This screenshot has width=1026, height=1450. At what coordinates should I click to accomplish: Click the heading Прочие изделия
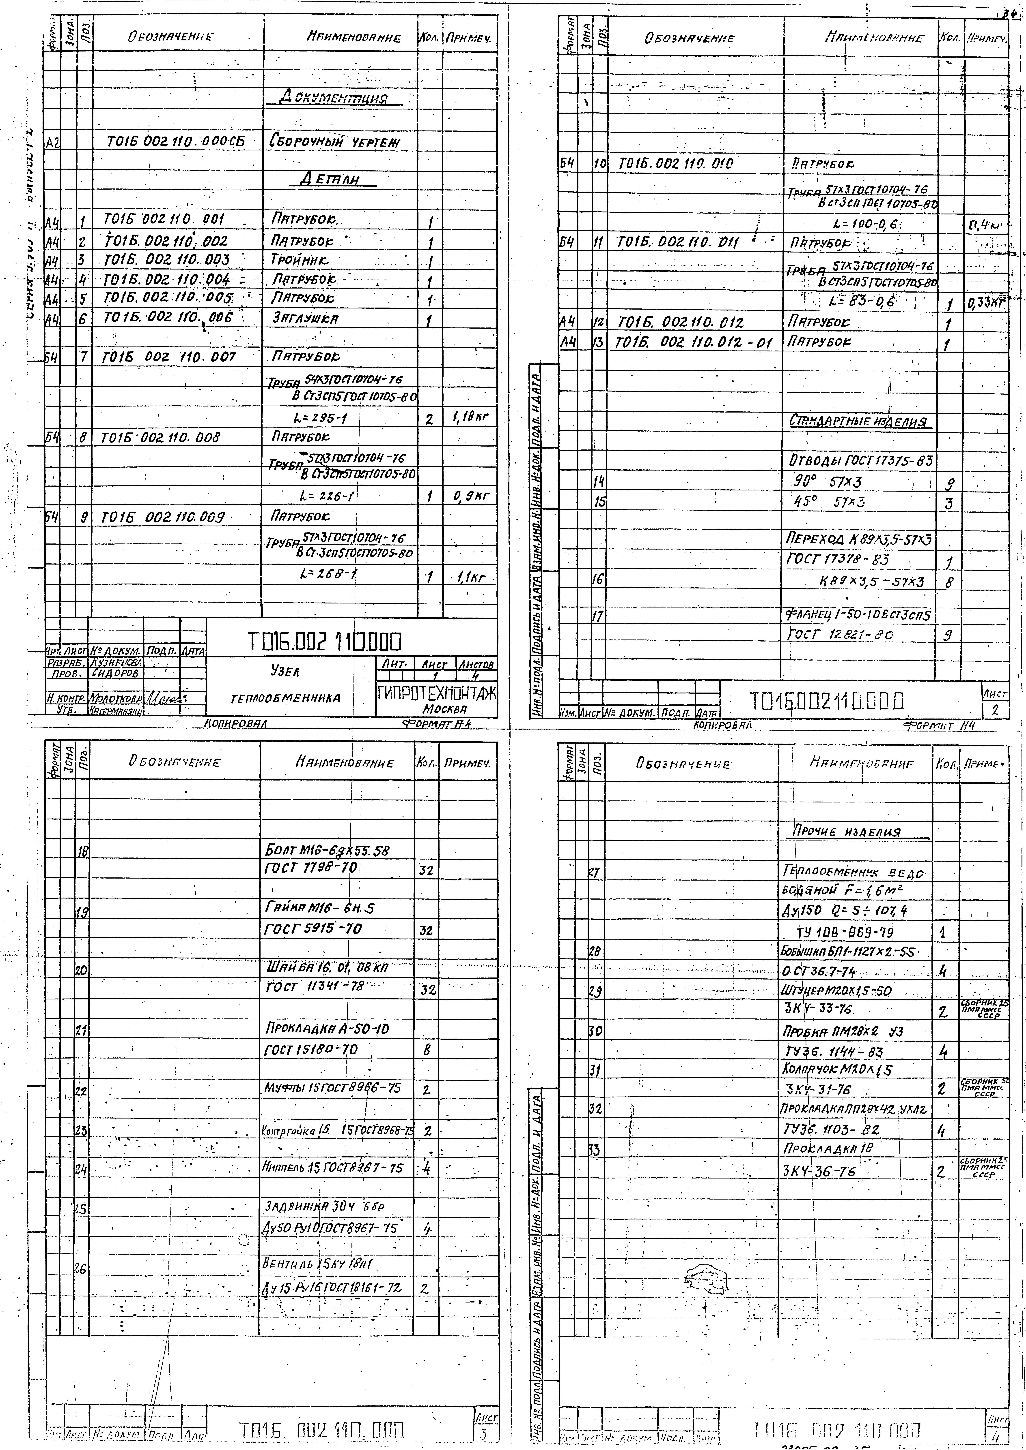click(x=847, y=832)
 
